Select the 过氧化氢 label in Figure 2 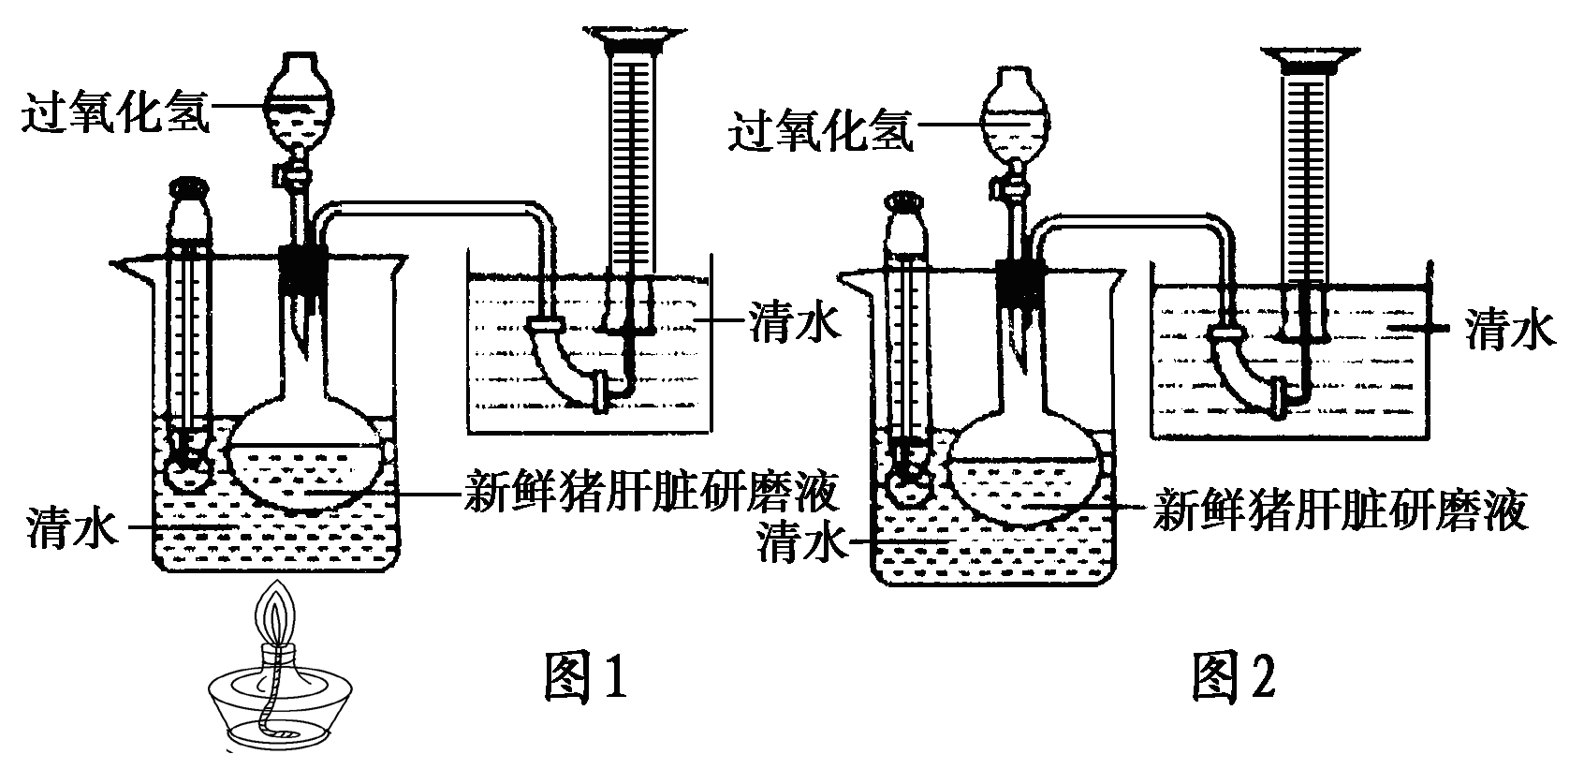pyautogui.click(x=820, y=131)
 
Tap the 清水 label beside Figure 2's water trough pyautogui.click(x=1509, y=330)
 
